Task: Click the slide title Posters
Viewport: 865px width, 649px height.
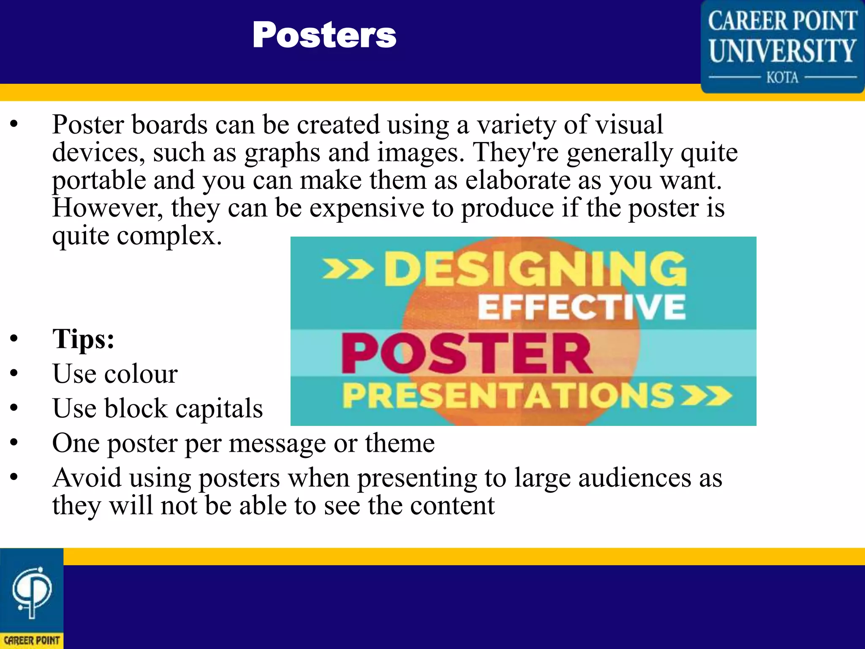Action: (x=324, y=35)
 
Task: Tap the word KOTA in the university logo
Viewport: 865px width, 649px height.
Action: (x=782, y=78)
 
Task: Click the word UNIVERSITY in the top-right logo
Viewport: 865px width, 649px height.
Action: (x=782, y=51)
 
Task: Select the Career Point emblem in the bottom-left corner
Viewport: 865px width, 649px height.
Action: (x=32, y=592)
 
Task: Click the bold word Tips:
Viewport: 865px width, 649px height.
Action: (x=84, y=339)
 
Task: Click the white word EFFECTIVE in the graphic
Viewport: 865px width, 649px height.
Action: (x=582, y=307)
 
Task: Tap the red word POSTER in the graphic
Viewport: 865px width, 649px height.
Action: (x=467, y=353)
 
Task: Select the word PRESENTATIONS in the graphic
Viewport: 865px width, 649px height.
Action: (x=508, y=396)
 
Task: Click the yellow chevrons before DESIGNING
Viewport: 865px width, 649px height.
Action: (x=348, y=269)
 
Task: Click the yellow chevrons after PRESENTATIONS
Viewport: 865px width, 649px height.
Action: (x=707, y=396)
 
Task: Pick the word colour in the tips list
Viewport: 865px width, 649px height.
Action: (x=141, y=374)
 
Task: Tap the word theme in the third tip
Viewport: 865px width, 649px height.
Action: (x=400, y=443)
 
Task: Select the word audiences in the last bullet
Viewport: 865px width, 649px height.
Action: (x=635, y=478)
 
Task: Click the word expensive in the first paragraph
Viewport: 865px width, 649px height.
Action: (x=367, y=208)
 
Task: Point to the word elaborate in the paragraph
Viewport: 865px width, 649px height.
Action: (x=518, y=180)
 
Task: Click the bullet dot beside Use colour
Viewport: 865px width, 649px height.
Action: (x=14, y=374)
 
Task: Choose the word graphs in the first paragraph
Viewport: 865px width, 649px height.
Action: (x=282, y=153)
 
